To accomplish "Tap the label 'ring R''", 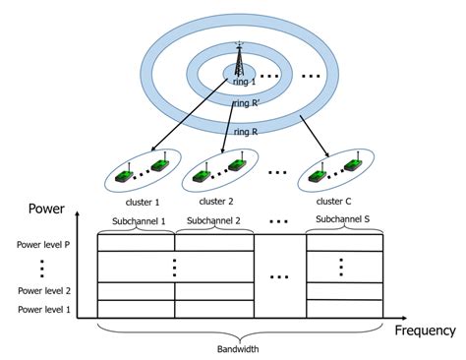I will tap(245, 102).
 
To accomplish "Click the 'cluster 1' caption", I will tap(144, 200).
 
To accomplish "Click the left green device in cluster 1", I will tap(124, 175).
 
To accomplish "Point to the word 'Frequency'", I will tap(424, 330).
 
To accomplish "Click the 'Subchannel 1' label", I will tap(136, 221).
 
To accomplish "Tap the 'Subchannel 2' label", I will tap(213, 221).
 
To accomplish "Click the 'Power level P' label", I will tap(43, 243).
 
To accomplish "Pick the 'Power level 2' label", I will tap(43, 291).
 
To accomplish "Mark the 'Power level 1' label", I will tap(43, 310).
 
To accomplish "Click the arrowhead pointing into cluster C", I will tap(325, 155).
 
